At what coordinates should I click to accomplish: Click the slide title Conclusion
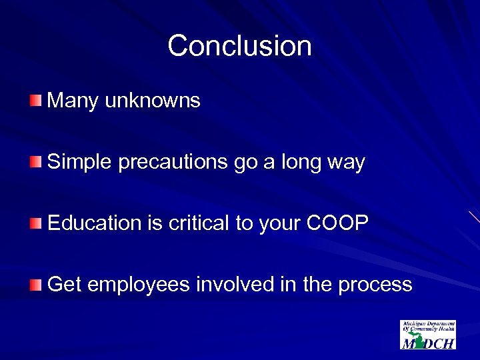click(239, 46)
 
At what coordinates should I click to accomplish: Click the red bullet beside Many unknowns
click(35, 101)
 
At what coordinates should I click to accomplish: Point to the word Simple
click(81, 162)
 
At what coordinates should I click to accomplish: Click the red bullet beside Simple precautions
click(35, 162)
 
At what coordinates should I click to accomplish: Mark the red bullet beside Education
click(35, 223)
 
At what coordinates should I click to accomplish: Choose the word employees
click(139, 286)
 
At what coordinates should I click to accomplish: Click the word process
click(375, 286)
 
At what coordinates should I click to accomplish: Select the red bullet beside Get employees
click(35, 285)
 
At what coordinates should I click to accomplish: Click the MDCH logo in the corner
click(428, 335)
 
